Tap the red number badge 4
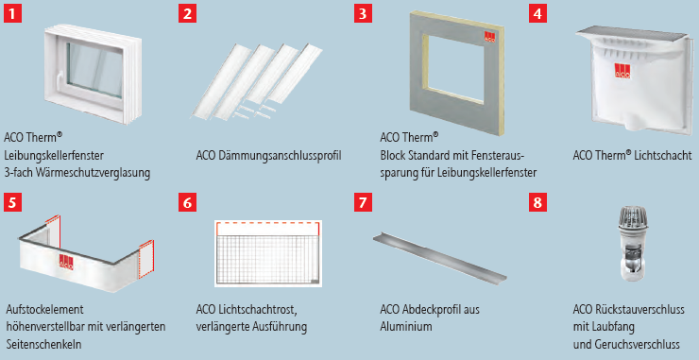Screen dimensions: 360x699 tap(537, 13)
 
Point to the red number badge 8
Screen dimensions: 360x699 tap(537, 203)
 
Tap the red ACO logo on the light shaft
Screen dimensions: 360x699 tap(623, 77)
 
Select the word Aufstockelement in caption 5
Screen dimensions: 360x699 tap(46, 308)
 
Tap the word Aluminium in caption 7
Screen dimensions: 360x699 tap(406, 326)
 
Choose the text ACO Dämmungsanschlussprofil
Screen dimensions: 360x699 tap(268, 155)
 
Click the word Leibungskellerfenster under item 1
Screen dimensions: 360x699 tap(54, 155)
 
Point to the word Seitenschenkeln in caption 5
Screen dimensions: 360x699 tap(43, 344)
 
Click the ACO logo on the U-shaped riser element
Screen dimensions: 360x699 tap(65, 262)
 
